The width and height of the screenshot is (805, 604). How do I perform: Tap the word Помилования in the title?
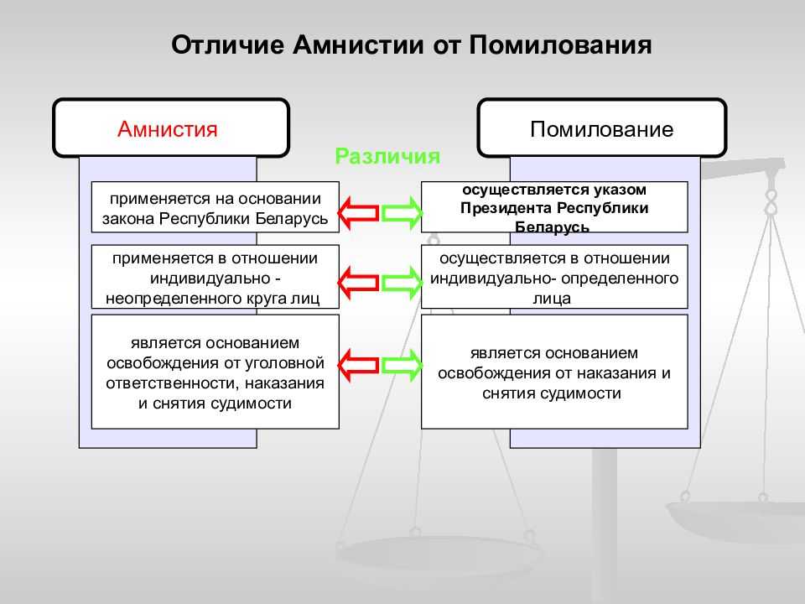tap(561, 44)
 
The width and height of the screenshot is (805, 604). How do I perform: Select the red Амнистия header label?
tap(168, 128)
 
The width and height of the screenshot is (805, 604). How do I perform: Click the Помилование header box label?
tap(602, 129)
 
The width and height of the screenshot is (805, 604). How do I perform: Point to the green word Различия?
tap(387, 156)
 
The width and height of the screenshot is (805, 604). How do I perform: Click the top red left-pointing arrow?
tap(358, 213)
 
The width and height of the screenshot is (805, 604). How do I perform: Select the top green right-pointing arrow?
tap(402, 213)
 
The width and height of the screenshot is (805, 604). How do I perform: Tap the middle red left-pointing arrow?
tap(358, 283)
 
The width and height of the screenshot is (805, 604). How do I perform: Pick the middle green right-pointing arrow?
tap(402, 283)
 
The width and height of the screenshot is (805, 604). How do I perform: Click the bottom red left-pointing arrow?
tap(358, 365)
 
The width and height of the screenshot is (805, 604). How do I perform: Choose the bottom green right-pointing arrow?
tap(402, 365)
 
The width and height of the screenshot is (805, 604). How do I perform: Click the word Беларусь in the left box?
tap(292, 219)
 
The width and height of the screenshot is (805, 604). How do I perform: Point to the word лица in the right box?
tap(552, 299)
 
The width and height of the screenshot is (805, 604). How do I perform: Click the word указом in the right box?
tap(621, 190)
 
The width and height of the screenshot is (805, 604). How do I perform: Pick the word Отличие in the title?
tap(227, 44)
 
